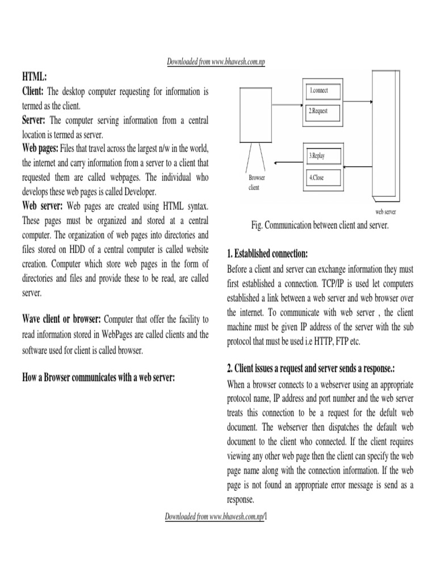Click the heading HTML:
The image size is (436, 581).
point(35,76)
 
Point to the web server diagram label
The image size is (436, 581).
point(385,212)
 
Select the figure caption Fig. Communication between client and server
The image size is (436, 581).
point(320,225)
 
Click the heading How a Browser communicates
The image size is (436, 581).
point(97,377)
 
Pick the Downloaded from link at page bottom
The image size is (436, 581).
point(216,517)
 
